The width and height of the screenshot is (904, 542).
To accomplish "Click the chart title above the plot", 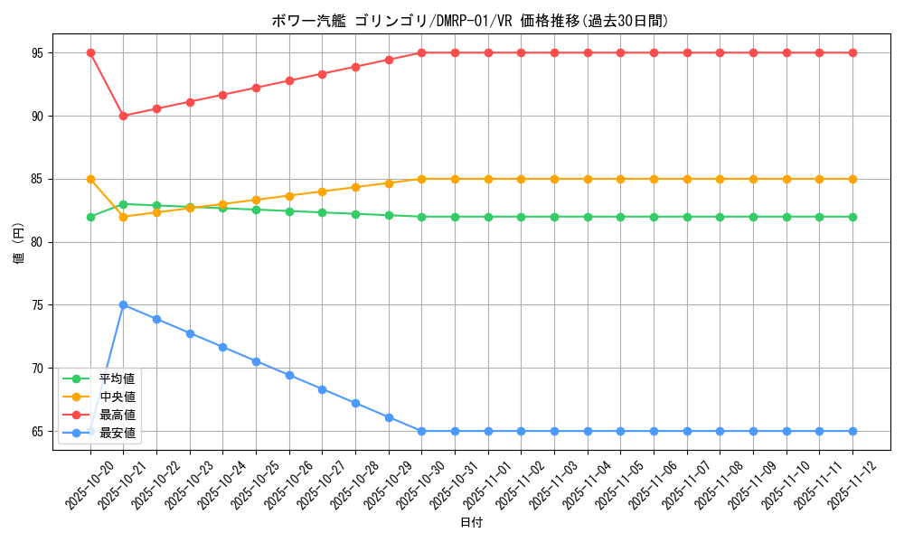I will click(x=470, y=21).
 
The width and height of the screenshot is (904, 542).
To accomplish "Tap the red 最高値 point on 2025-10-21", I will click(x=124, y=116).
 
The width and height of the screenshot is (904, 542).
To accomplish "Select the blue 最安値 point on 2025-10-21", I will click(x=124, y=304).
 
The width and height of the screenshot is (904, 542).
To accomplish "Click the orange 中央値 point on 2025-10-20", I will click(x=90, y=179).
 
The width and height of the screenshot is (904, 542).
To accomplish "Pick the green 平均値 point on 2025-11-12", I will click(x=852, y=217).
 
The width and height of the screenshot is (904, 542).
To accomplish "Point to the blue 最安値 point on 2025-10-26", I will click(x=289, y=375).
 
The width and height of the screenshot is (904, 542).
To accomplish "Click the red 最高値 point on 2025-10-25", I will click(x=256, y=88).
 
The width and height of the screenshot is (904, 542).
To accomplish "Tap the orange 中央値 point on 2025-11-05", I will click(x=621, y=179).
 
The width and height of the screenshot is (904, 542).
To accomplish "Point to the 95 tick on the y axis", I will click(x=37, y=52).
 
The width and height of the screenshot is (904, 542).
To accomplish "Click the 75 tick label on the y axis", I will click(x=37, y=305).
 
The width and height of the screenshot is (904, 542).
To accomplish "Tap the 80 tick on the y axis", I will click(x=37, y=242).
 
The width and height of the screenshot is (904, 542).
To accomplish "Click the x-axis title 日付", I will click(x=471, y=523).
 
